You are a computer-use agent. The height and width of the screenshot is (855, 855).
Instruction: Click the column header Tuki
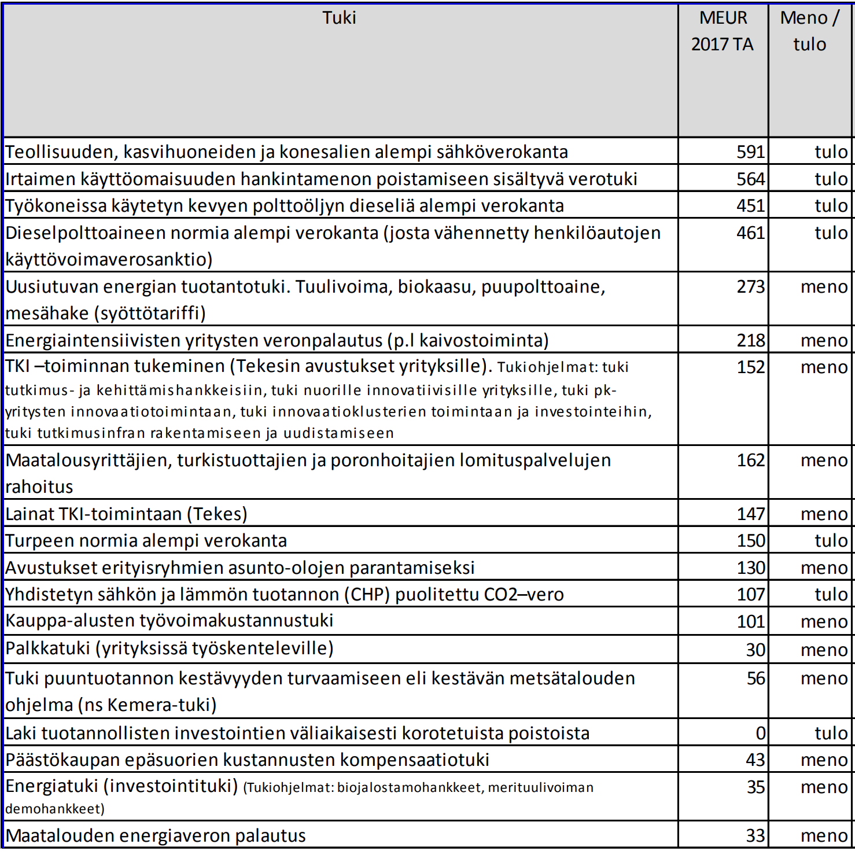(339, 18)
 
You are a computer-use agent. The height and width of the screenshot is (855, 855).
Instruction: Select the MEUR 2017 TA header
(723, 31)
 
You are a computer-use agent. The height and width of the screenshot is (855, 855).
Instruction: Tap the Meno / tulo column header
(809, 31)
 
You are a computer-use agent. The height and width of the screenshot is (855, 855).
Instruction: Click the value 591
(750, 152)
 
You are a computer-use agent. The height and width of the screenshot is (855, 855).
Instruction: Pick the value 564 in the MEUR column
(750, 179)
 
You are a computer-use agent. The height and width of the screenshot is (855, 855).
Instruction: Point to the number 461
(750, 233)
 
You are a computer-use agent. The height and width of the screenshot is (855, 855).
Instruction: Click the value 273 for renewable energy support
(750, 286)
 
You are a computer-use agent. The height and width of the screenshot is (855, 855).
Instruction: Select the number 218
(750, 340)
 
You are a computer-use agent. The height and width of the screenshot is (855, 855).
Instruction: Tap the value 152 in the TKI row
(750, 367)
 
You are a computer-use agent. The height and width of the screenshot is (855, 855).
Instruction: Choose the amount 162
(750, 460)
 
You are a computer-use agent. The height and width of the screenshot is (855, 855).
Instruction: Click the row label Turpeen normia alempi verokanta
(146, 540)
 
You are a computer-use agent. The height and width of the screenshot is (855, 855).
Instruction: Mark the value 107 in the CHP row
(750, 594)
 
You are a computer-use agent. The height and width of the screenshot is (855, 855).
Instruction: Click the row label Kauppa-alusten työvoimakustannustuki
(169, 621)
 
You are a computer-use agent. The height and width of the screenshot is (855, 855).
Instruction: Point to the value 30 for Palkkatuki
(755, 650)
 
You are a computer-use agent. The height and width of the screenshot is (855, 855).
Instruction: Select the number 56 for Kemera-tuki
(755, 678)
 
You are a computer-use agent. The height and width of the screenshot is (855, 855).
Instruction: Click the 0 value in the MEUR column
(760, 733)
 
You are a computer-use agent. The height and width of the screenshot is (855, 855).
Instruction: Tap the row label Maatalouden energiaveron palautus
(155, 835)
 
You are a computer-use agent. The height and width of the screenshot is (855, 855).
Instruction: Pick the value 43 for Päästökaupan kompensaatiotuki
(755, 760)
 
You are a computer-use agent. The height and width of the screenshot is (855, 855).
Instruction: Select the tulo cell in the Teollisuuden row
(831, 152)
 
